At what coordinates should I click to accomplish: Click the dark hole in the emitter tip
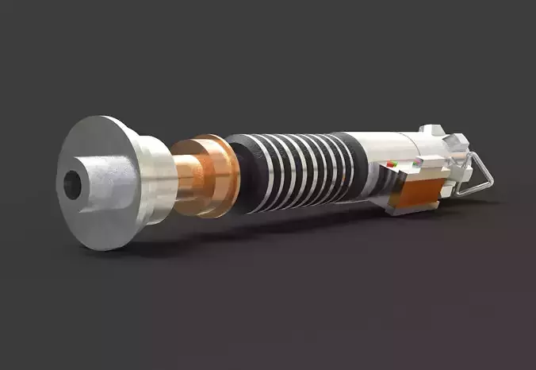point(72,186)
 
